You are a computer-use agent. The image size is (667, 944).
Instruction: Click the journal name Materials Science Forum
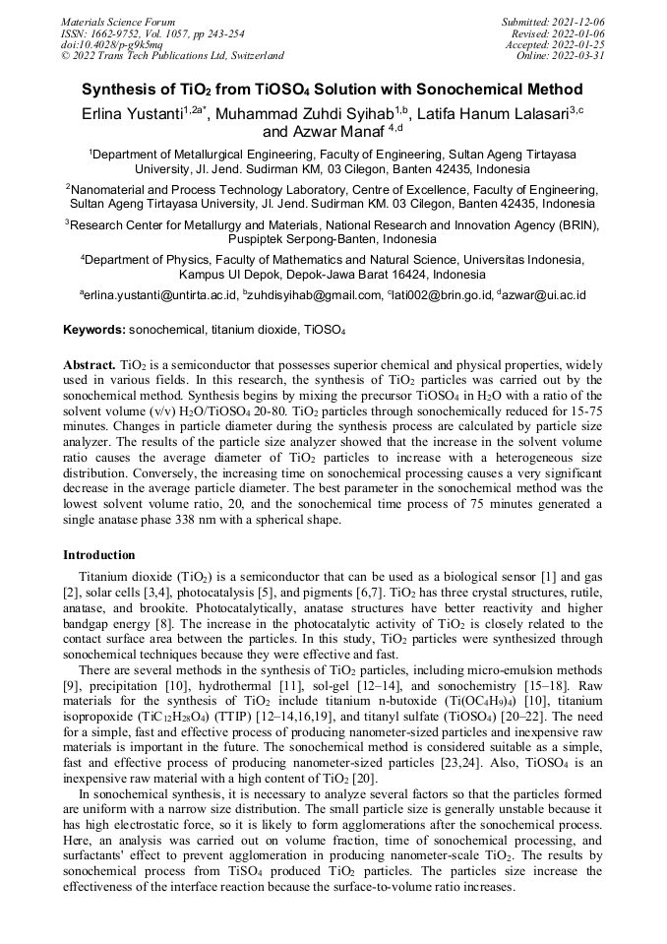(118, 21)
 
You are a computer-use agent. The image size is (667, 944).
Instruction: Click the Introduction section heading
(99, 555)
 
